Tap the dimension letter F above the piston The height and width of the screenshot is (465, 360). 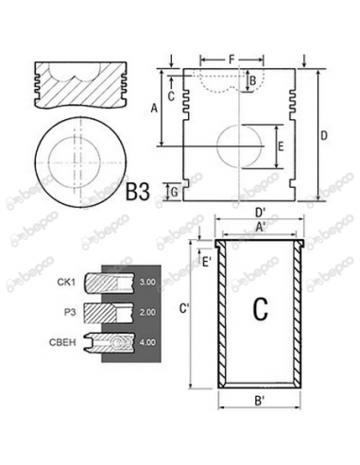click(231, 60)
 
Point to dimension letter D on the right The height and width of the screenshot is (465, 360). click(324, 136)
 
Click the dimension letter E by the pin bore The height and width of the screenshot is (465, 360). click(280, 146)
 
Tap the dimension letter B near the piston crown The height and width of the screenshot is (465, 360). click(251, 81)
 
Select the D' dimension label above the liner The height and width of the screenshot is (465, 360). click(260, 213)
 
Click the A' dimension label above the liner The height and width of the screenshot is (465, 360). click(260, 228)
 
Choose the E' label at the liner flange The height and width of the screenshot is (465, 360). click(206, 262)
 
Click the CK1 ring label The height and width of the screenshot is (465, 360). click(66, 282)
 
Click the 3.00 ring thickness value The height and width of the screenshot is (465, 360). click(146, 282)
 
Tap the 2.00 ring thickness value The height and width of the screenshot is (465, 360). click(146, 311)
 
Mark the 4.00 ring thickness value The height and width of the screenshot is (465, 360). click(146, 340)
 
